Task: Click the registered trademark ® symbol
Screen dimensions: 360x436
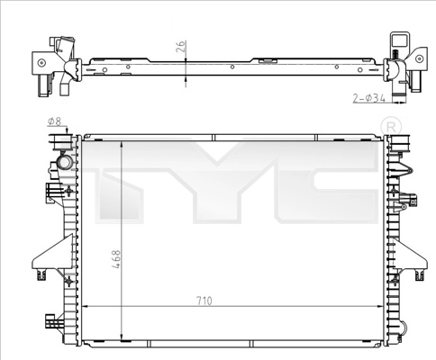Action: click(x=389, y=124)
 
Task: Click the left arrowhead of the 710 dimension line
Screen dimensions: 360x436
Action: click(x=85, y=309)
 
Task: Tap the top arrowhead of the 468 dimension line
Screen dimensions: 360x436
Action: click(x=122, y=143)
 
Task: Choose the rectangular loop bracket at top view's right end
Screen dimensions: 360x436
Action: click(x=399, y=43)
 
